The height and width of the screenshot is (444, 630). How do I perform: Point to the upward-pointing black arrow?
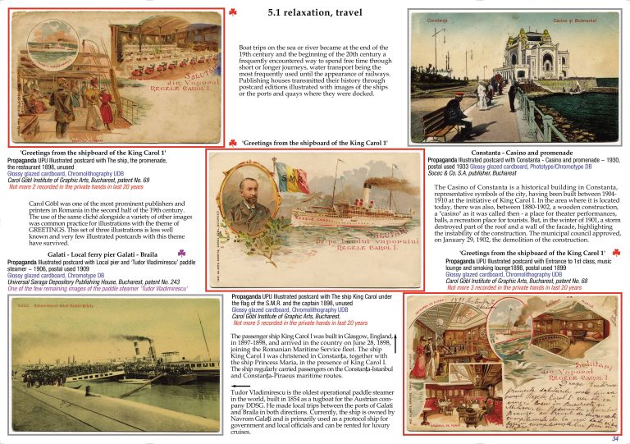395,346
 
